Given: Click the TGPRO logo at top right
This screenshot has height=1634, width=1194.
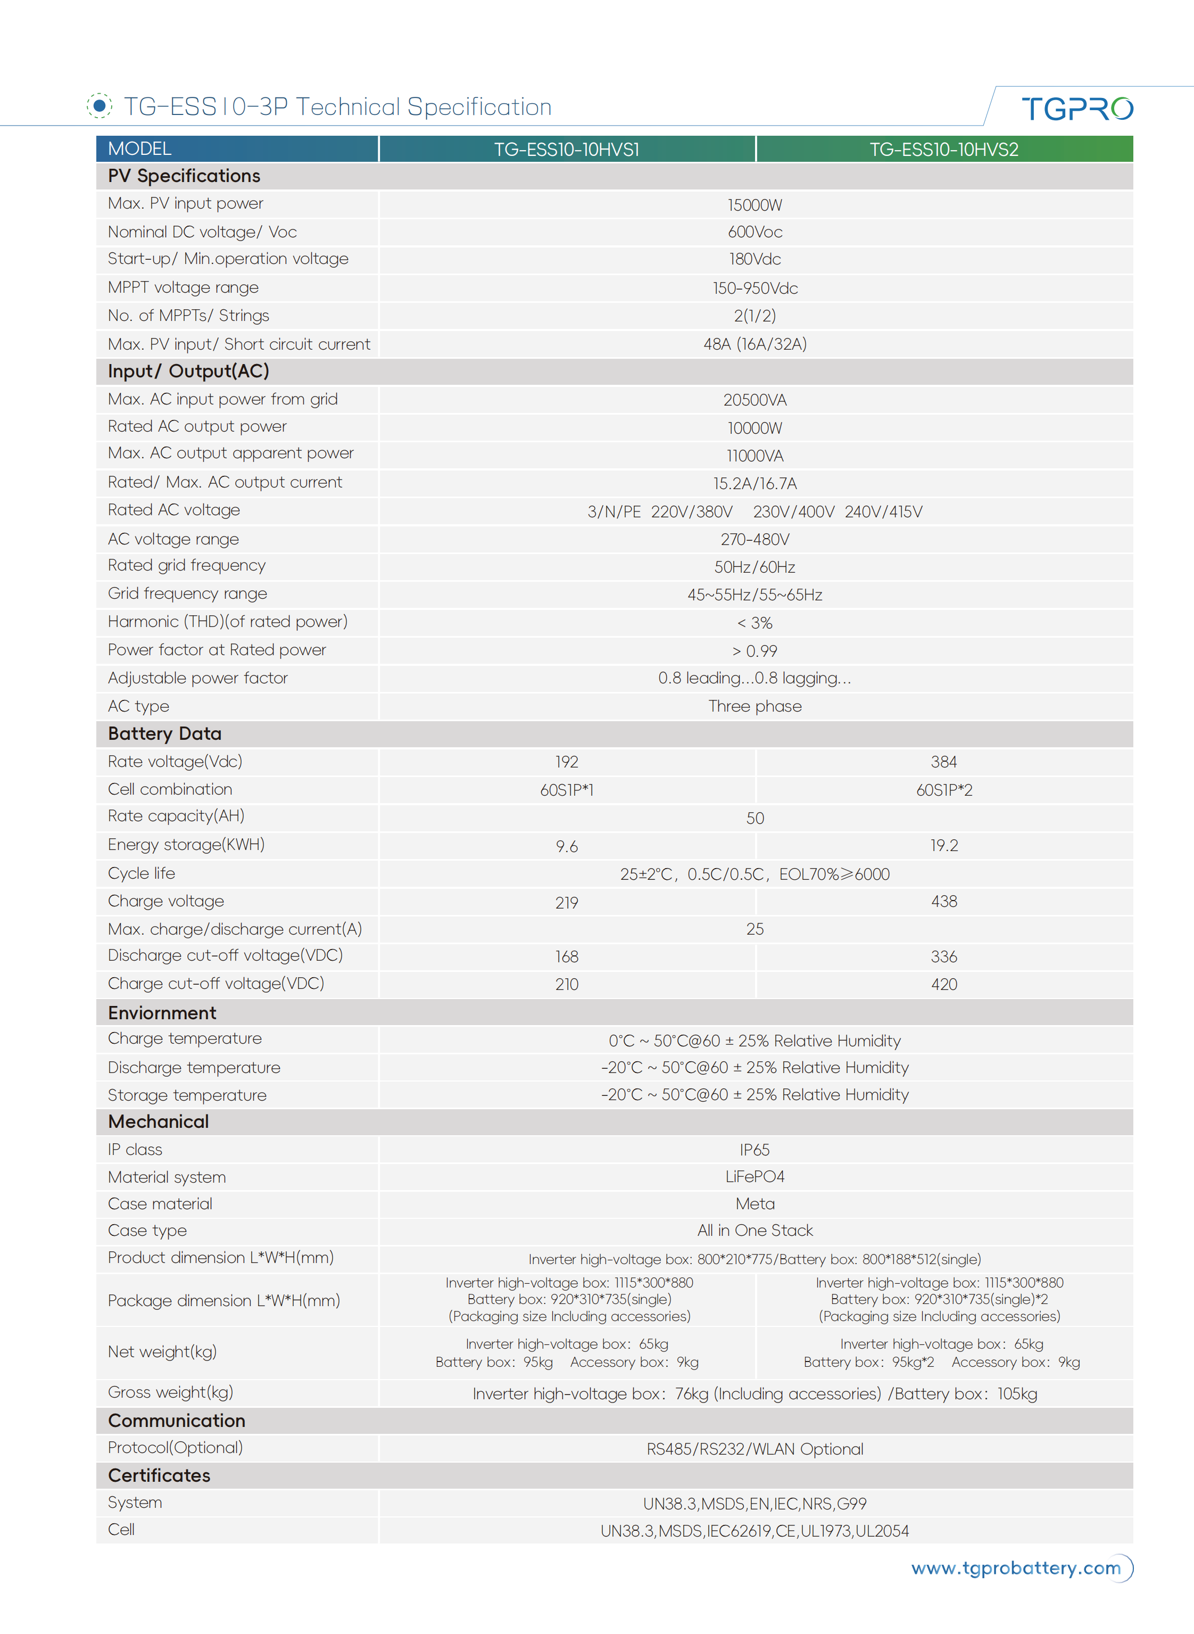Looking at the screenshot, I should (1076, 109).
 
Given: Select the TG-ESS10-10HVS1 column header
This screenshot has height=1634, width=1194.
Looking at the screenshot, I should (567, 150).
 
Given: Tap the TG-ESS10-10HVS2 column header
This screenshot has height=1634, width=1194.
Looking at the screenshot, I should (943, 150).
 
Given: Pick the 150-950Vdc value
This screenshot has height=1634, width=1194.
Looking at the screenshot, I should (754, 288).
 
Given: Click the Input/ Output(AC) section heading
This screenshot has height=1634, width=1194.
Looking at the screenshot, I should (189, 372).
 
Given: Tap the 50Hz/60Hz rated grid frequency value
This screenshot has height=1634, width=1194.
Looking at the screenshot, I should (754, 567).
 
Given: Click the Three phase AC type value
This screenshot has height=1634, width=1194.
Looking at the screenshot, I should (754, 706).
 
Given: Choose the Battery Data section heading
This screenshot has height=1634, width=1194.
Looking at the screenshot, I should (165, 734).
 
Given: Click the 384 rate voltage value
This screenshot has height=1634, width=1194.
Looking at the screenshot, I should (943, 762).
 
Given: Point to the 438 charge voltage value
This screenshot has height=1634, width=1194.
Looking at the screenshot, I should (943, 902).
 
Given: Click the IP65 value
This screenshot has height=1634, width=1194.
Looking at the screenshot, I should (754, 1150).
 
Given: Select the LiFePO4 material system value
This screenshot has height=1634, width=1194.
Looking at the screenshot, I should (754, 1177).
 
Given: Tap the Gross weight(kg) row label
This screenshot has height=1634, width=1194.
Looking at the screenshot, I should (171, 1392).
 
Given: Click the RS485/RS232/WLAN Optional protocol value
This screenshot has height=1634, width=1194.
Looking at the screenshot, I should (754, 1449).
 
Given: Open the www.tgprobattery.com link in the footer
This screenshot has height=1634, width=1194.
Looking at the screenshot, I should (1015, 1568).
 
